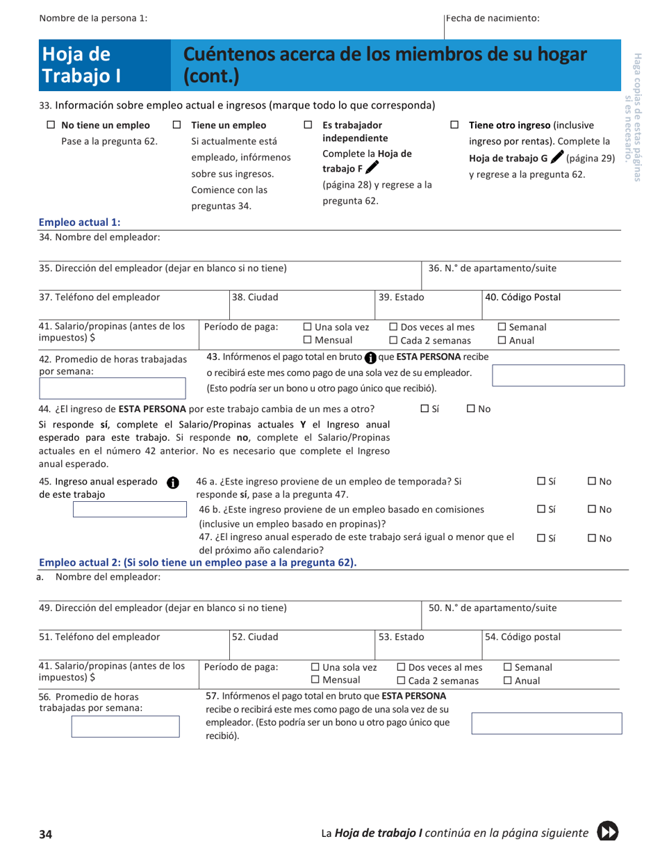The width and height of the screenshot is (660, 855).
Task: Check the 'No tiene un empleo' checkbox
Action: (50, 126)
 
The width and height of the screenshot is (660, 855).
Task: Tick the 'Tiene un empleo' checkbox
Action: (177, 126)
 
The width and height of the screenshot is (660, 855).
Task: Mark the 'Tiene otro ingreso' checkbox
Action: (455, 126)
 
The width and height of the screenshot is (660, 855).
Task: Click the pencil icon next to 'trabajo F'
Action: (373, 168)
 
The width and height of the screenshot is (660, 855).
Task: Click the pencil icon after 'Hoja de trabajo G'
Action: (556, 158)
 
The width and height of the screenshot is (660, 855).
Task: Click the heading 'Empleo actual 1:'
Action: (80, 222)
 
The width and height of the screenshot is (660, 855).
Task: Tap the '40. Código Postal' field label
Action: (522, 298)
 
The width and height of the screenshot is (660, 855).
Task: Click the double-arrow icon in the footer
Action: (607, 832)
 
